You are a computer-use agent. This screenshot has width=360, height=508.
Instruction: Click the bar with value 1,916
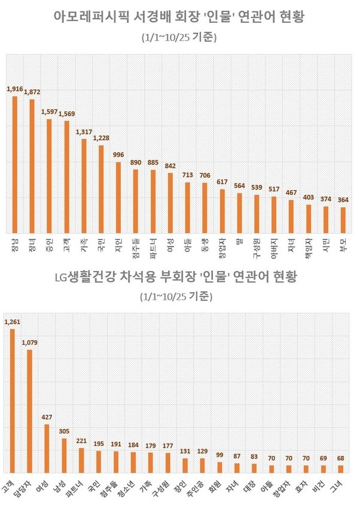[15, 165]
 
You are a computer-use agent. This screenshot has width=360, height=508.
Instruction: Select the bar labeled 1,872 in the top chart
[32, 166]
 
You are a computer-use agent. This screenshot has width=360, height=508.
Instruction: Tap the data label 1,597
[50, 112]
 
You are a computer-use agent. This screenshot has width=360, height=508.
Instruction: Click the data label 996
[118, 155]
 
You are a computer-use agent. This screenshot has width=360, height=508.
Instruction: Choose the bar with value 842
[170, 203]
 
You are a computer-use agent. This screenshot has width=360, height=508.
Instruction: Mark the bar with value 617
[222, 211]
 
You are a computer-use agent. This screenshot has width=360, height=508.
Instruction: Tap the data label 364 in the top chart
[343, 200]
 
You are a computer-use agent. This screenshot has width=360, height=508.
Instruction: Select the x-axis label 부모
[343, 243]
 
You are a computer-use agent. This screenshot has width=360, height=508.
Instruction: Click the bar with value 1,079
[29, 410]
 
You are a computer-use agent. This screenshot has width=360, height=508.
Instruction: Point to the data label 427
[47, 416]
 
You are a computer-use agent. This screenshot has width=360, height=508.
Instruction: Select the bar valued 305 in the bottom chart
[64, 455]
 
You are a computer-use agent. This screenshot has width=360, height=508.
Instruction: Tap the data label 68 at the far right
[340, 458]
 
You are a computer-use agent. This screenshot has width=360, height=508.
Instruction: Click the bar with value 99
[219, 467]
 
